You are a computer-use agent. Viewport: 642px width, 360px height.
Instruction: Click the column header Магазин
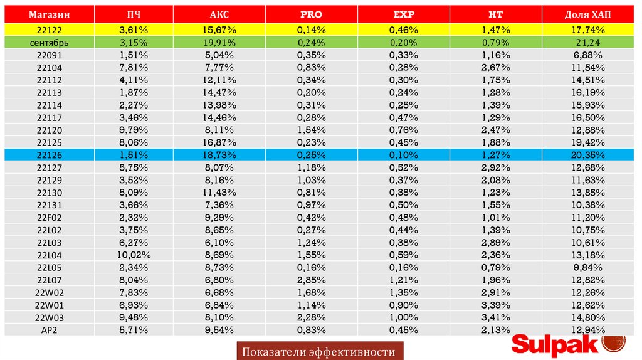[x=49, y=14]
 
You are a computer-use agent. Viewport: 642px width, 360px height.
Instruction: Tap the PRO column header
[x=312, y=14]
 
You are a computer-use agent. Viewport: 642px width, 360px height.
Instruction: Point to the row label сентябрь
[x=49, y=42]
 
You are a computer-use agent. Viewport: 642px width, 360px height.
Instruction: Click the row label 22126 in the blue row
[x=49, y=155]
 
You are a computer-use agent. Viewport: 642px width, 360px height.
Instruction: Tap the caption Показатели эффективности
[x=319, y=352]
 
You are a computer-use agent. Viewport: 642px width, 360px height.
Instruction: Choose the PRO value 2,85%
[x=312, y=280]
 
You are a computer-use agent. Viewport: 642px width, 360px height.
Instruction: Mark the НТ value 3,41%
[x=495, y=317]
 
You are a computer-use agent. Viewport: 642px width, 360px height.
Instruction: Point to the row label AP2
[x=49, y=330]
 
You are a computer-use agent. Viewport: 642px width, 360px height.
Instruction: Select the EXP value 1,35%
[x=403, y=292]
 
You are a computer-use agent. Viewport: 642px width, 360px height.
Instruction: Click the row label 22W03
[x=49, y=317]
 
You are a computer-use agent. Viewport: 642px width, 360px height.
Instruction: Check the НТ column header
[x=495, y=14]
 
